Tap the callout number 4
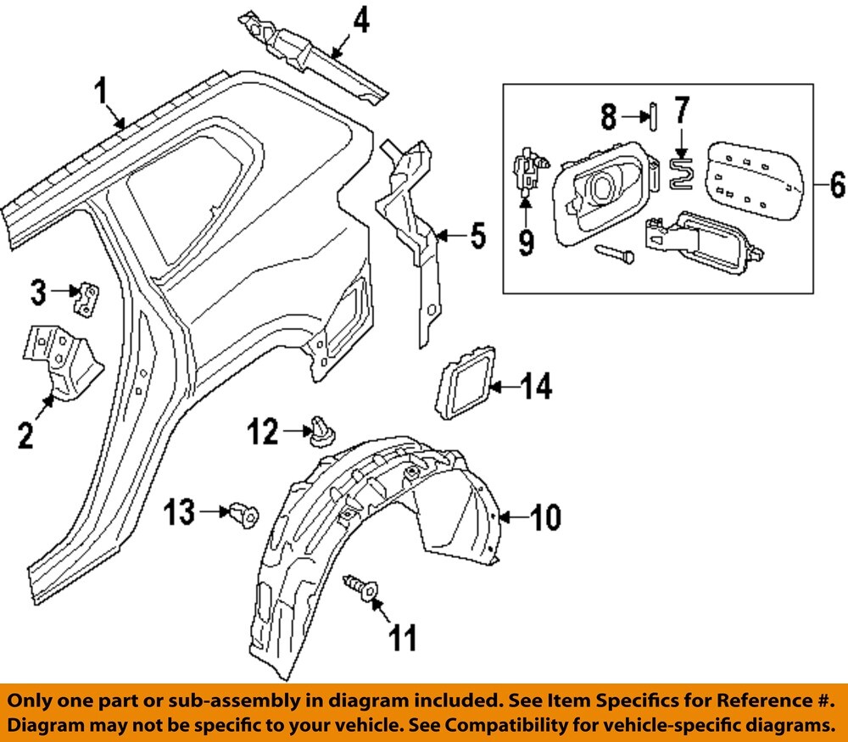360,20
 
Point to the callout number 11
403,638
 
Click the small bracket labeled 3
87,299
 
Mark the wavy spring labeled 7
683,171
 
